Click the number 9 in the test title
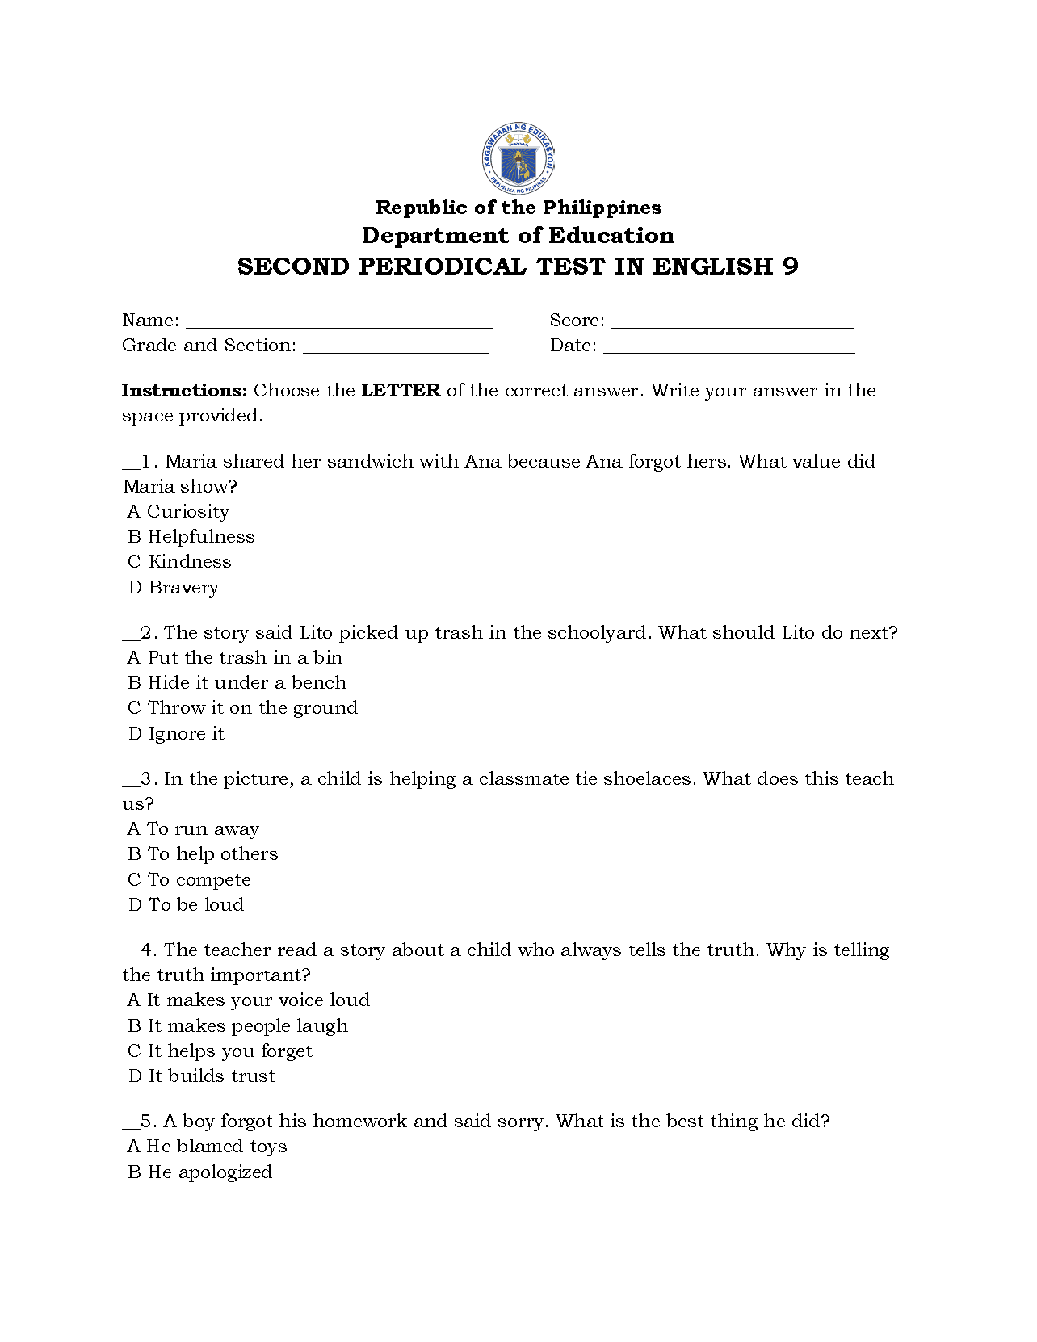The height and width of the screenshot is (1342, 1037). point(790,266)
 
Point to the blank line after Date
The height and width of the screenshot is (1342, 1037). point(728,348)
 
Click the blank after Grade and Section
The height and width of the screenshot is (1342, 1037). point(396,348)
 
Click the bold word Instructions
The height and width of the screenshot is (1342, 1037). point(184,391)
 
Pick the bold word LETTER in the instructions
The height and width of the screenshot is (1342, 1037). point(401,391)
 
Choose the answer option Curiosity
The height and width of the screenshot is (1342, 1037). point(187,512)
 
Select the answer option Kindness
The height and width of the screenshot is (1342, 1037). point(190,562)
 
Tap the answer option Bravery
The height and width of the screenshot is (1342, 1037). point(183,588)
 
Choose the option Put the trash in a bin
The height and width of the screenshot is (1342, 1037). point(245,658)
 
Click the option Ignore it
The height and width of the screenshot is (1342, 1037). point(186,734)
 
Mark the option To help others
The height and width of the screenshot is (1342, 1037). point(212,854)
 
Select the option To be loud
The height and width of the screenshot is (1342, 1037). point(195,905)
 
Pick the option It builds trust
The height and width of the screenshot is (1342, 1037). point(212,1076)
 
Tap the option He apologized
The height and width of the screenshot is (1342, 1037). point(210,1172)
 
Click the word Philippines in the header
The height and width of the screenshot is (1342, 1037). point(602,208)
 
